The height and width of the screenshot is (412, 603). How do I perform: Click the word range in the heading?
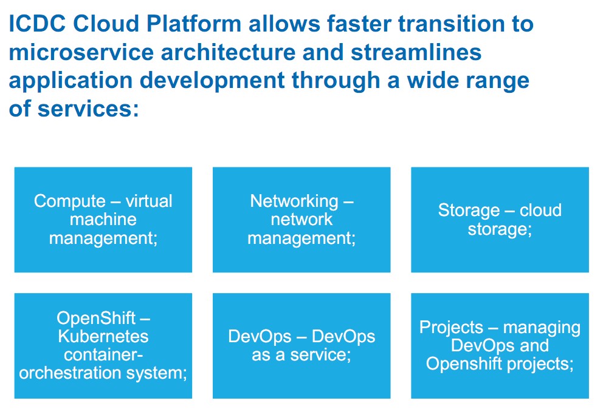pos(495,81)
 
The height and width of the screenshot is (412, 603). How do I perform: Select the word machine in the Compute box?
pos(103,220)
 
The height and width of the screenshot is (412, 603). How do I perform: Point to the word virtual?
pos(149,201)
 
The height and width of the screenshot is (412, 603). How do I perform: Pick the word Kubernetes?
pos(103,336)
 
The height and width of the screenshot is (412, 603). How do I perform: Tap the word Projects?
pos(451,328)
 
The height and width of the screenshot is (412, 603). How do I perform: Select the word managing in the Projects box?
pos(542,328)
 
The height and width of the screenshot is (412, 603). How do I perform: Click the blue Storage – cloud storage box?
pos(500,220)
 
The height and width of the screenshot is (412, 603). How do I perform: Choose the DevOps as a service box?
pos(301,346)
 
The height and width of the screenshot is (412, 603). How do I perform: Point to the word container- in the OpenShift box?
pos(103,354)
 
